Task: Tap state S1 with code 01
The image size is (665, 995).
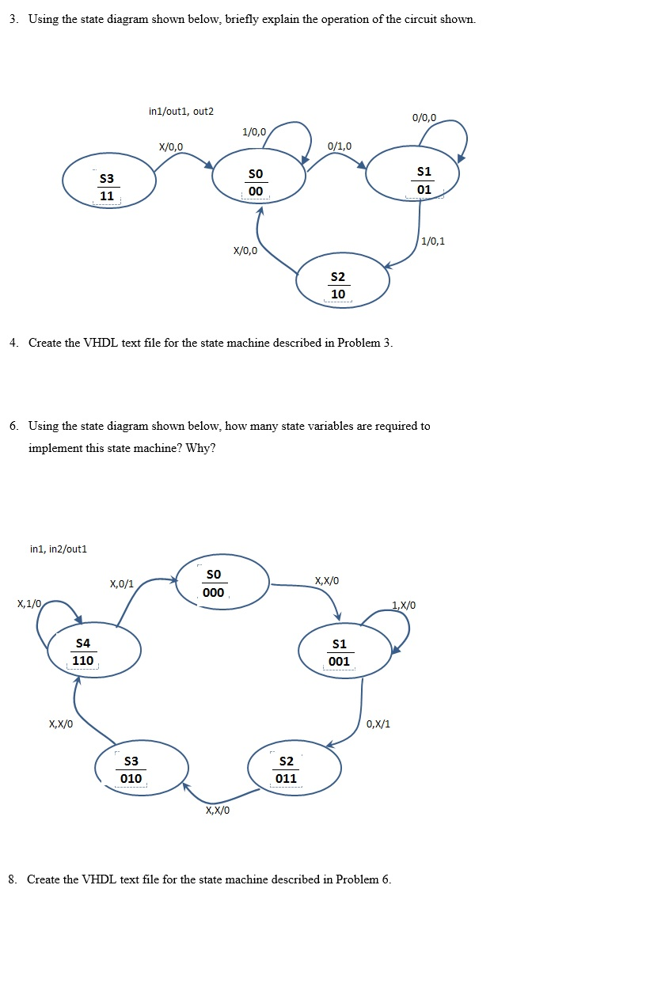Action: click(x=412, y=178)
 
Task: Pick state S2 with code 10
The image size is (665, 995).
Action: click(x=342, y=280)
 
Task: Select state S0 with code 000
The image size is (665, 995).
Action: click(x=222, y=583)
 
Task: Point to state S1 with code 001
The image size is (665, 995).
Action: click(x=345, y=651)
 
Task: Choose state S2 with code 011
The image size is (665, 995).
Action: click(x=294, y=768)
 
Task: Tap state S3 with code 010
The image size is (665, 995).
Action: click(x=141, y=768)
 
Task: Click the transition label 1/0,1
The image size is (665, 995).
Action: click(x=433, y=241)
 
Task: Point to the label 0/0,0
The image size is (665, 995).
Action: click(x=424, y=118)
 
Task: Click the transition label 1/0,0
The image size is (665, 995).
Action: click(x=254, y=131)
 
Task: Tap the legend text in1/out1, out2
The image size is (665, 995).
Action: click(x=181, y=112)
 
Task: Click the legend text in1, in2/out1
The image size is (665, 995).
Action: click(x=59, y=549)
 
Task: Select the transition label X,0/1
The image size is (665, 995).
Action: click(x=122, y=584)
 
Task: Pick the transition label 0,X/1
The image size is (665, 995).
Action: click(x=378, y=723)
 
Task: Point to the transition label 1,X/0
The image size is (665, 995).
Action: click(x=403, y=606)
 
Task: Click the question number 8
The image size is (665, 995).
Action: click(x=13, y=879)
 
